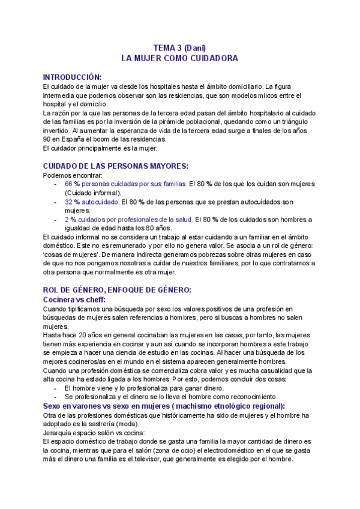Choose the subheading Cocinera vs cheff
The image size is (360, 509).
point(74,299)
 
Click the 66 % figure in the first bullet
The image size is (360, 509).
point(71,184)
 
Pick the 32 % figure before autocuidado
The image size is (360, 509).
point(71,203)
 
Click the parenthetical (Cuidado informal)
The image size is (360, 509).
point(92,193)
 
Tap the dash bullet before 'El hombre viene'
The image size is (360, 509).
point(56,388)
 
